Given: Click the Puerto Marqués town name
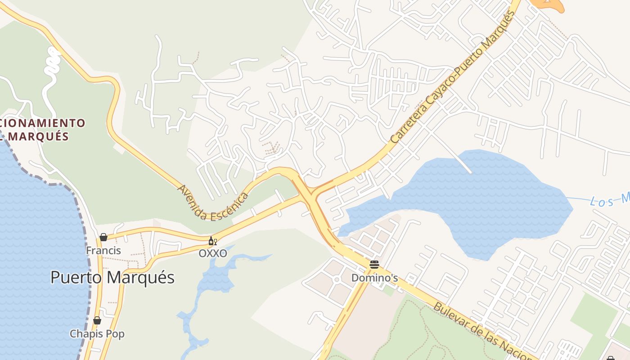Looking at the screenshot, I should coord(112,277).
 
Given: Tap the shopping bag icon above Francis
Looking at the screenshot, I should coord(103,237).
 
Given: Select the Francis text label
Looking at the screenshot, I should coord(103,251).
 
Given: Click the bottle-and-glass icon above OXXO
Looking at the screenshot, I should coord(212,241).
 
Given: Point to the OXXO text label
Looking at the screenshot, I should coord(213,253).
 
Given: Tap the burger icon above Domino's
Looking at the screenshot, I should coord(374,264).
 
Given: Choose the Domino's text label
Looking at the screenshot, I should coord(374,278).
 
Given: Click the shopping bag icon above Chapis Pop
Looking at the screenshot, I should coord(97,320).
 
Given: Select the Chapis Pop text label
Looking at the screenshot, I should coord(97,334).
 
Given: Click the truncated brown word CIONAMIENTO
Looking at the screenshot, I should coord(43,122).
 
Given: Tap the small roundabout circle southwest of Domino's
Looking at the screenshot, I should coord(336,279).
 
